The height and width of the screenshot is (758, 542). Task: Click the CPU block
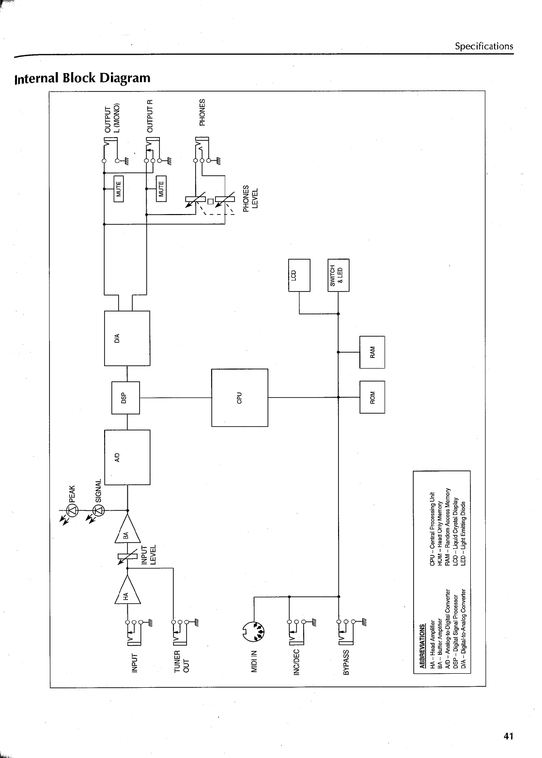239,397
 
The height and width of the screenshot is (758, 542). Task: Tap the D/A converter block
127,338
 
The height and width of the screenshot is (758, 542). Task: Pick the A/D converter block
127,457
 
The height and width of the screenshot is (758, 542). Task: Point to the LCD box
299,275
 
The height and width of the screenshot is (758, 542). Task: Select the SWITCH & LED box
339,275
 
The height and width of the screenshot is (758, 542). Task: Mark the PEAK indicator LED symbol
71,510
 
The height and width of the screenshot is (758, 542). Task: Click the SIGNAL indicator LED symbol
98,510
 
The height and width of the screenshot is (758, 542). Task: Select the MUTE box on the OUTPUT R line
161,187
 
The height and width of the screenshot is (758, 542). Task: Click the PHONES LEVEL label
252,198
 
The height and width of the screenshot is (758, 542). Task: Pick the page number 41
508,736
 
